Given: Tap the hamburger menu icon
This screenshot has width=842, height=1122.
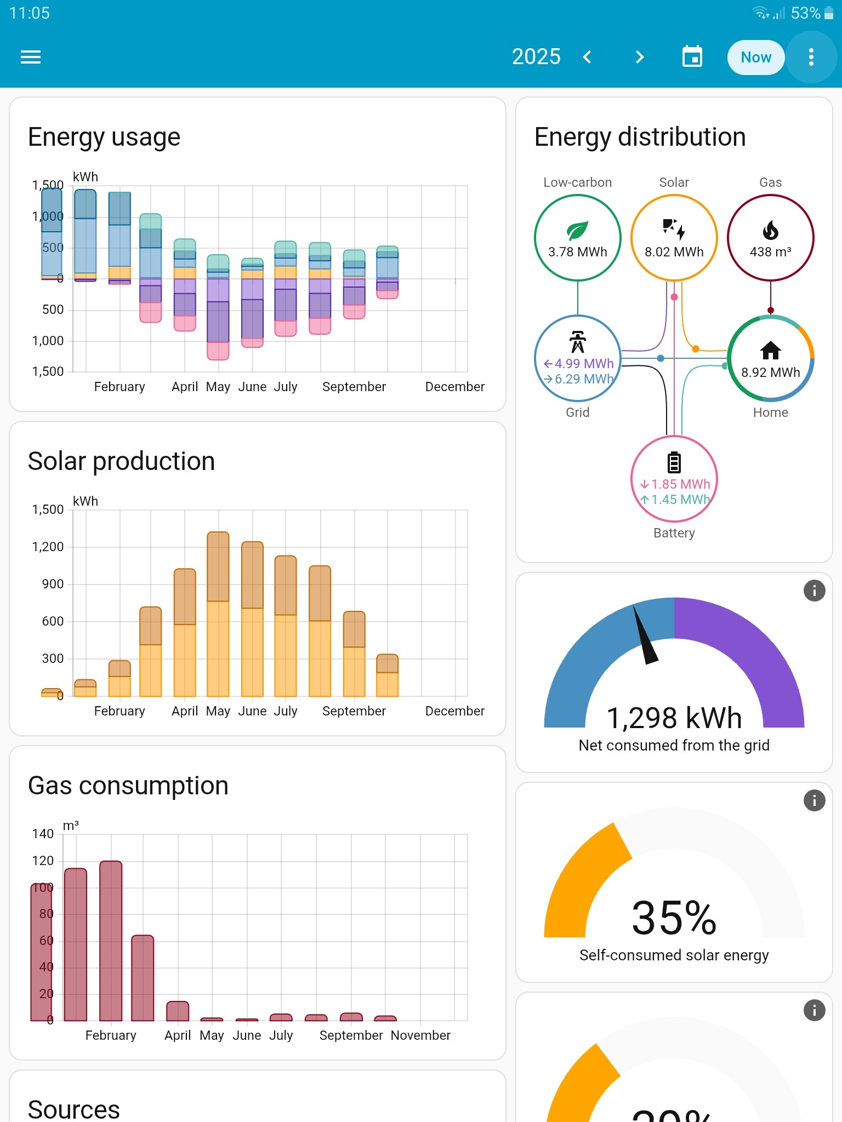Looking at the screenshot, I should (31, 57).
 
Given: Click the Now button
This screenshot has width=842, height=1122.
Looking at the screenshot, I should (755, 57).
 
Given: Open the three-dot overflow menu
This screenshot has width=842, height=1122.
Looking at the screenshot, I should (811, 57).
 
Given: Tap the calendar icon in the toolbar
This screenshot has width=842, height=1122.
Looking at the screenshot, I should (692, 57).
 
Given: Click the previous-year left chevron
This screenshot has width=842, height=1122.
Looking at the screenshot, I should (587, 57).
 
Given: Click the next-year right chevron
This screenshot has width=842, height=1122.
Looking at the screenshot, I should (639, 57).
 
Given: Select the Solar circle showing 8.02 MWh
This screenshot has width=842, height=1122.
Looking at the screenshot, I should (674, 238).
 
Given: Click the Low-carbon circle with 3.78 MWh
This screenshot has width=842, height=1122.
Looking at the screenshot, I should (577, 238).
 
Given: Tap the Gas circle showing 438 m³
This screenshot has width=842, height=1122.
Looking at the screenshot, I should (770, 238).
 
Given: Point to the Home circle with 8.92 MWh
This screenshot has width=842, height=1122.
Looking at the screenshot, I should (770, 359).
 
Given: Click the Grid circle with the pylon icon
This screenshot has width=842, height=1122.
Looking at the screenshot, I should (577, 359).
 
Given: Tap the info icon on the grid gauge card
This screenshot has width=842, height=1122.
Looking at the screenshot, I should (814, 591).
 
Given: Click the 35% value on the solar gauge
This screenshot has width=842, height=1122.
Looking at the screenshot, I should (674, 918).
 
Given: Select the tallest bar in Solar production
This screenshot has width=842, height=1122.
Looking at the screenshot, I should (218, 614).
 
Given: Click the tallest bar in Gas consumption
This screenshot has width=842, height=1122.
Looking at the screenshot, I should (111, 940).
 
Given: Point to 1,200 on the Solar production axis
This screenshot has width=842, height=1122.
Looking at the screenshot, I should (48, 547).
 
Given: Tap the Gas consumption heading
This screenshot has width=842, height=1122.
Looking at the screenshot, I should (128, 786).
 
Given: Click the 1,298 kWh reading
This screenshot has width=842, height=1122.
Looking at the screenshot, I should (674, 718).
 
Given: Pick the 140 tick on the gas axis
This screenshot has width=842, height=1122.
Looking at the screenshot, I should (43, 834).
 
